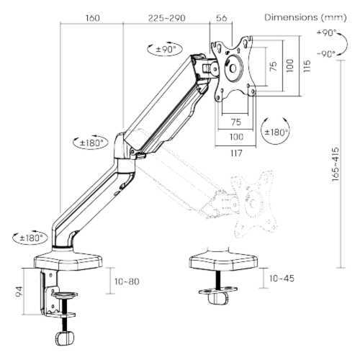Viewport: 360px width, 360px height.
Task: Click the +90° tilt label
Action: click(326, 32)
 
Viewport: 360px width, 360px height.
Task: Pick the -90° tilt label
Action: click(326, 53)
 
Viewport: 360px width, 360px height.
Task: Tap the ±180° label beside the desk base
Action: click(30, 238)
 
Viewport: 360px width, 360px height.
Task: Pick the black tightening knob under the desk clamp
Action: click(66, 339)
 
